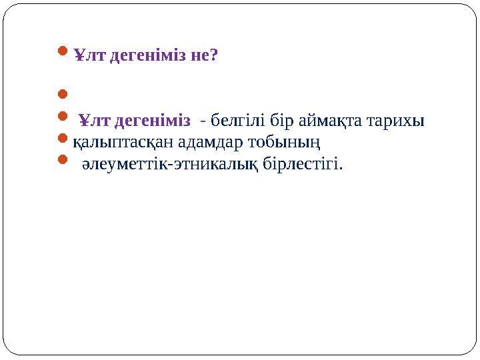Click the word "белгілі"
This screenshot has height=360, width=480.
tap(235, 121)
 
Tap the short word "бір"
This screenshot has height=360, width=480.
tap(277, 121)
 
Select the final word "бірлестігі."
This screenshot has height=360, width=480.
tap(307, 163)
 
